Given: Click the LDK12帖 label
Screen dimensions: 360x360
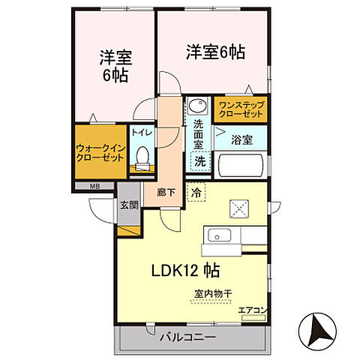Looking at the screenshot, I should (x=187, y=268).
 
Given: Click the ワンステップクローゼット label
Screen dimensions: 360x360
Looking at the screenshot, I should (x=241, y=110).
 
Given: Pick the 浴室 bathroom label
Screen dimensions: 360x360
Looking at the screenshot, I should (x=241, y=139).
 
